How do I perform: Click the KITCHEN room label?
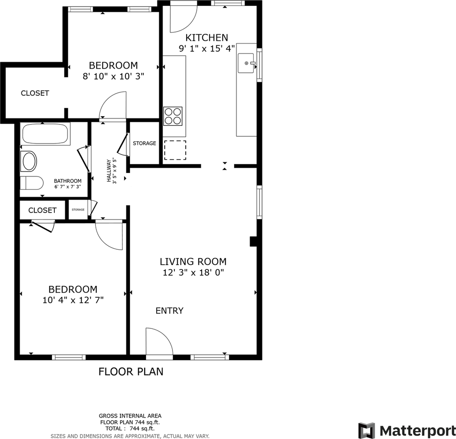pos(206,37)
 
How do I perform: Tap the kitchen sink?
pos(246,63)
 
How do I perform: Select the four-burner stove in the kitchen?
pos(173,116)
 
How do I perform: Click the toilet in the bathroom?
pos(31,183)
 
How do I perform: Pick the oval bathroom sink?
pos(30,162)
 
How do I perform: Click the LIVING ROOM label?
pos(193,262)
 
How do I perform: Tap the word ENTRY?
pos(169,311)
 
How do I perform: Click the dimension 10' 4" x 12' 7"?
pos(73,300)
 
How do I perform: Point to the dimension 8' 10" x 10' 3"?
pos(113,76)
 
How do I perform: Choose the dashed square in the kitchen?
pos(175,150)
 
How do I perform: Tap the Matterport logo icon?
pos(367,430)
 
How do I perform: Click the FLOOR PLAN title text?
pos(131,371)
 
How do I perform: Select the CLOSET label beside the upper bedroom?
pos(35,93)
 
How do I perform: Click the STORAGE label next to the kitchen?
pos(144,143)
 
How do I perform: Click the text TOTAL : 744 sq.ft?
pos(130,428)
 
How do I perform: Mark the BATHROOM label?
pos(68,181)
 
